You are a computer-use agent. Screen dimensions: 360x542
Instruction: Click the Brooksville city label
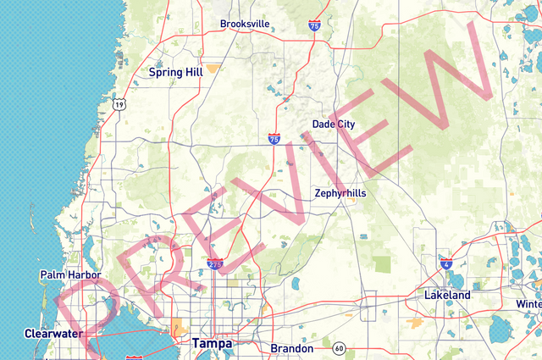(x=245, y=24)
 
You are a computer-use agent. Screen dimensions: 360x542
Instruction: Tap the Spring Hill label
(x=175, y=72)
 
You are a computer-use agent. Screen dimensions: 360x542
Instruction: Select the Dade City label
(x=334, y=124)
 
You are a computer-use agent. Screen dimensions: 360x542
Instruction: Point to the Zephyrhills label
(x=340, y=193)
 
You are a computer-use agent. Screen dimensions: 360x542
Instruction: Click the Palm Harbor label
(x=70, y=275)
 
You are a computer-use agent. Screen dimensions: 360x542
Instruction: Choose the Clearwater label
(x=53, y=333)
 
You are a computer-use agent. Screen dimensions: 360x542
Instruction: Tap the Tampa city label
(x=212, y=343)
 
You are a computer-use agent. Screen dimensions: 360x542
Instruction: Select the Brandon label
(x=292, y=348)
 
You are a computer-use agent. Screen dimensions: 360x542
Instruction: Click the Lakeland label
(x=447, y=295)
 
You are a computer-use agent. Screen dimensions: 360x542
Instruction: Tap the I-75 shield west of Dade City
(x=274, y=137)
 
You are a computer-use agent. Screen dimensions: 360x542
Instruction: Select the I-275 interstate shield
(x=216, y=264)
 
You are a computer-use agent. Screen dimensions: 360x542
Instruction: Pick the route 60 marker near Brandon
(x=340, y=348)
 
